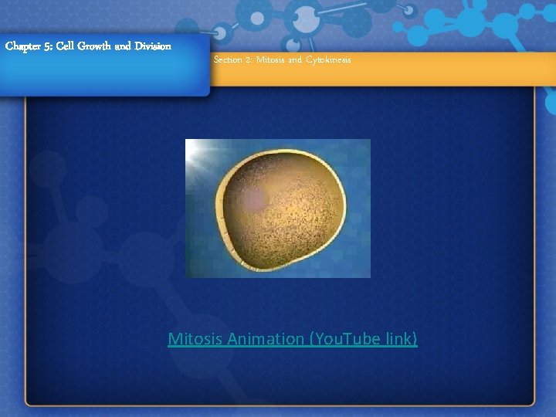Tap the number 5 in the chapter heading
pyautogui.click(x=49, y=46)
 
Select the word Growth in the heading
pyautogui.click(x=95, y=46)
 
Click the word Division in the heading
pyautogui.click(x=153, y=46)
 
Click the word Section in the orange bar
pyautogui.click(x=228, y=60)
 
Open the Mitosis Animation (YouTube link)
pyautogui.click(x=293, y=339)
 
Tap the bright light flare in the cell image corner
pyautogui.click(x=199, y=152)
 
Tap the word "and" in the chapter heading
pyautogui.click(x=124, y=46)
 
